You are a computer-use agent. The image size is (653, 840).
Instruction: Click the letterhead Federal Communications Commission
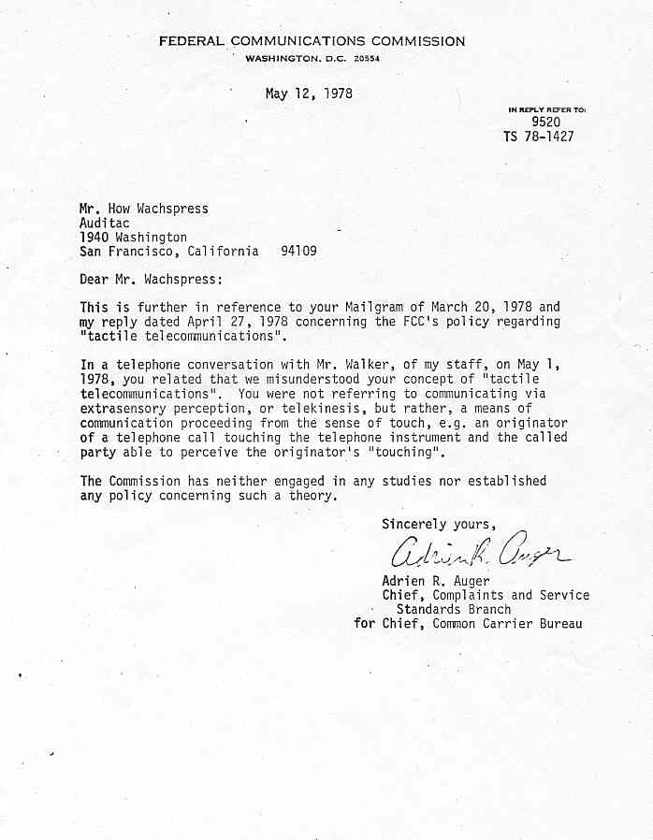click(x=311, y=41)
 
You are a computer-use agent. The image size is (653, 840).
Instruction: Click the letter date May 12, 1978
click(x=309, y=94)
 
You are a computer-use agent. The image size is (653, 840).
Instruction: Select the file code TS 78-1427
click(x=538, y=137)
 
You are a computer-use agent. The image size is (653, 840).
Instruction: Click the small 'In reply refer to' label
click(x=546, y=109)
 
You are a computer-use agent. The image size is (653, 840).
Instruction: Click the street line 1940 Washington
click(x=133, y=238)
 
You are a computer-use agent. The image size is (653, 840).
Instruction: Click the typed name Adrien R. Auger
click(x=436, y=580)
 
